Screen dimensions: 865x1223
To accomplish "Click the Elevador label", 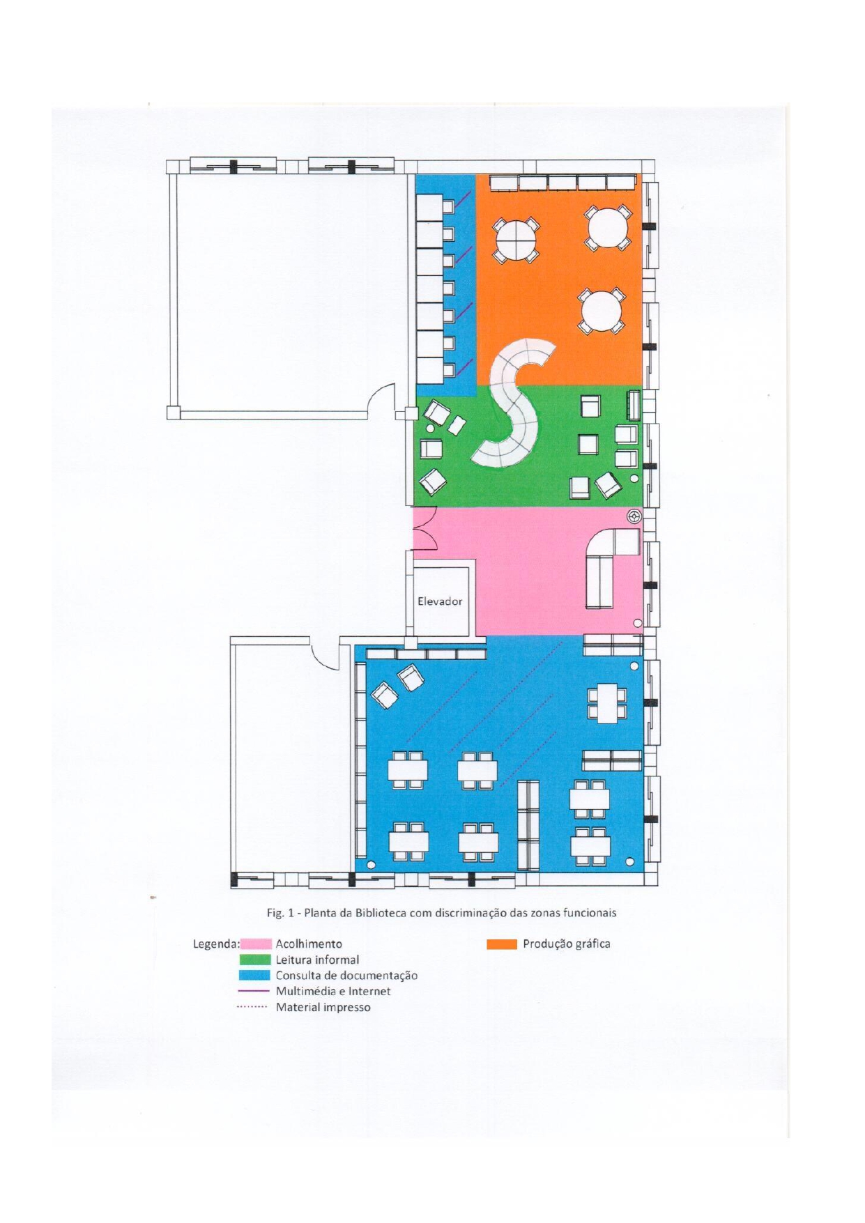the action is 439,601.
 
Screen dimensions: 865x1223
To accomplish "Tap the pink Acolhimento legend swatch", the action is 255,944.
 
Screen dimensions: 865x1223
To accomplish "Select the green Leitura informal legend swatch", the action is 255,960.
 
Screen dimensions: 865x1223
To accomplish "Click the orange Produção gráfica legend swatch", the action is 501,944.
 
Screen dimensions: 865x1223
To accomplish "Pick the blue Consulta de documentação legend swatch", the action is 255,975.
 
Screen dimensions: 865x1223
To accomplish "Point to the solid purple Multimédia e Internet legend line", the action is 254,990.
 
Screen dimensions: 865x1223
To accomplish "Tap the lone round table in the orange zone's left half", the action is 516,241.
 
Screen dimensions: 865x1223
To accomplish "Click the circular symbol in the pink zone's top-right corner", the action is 634,516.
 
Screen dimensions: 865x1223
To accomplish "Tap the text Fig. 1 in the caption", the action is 277,912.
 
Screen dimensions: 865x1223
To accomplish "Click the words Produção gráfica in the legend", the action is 566,944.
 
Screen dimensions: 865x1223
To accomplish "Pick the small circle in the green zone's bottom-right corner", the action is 634,479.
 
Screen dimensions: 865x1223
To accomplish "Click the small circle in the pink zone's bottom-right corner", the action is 637,622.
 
